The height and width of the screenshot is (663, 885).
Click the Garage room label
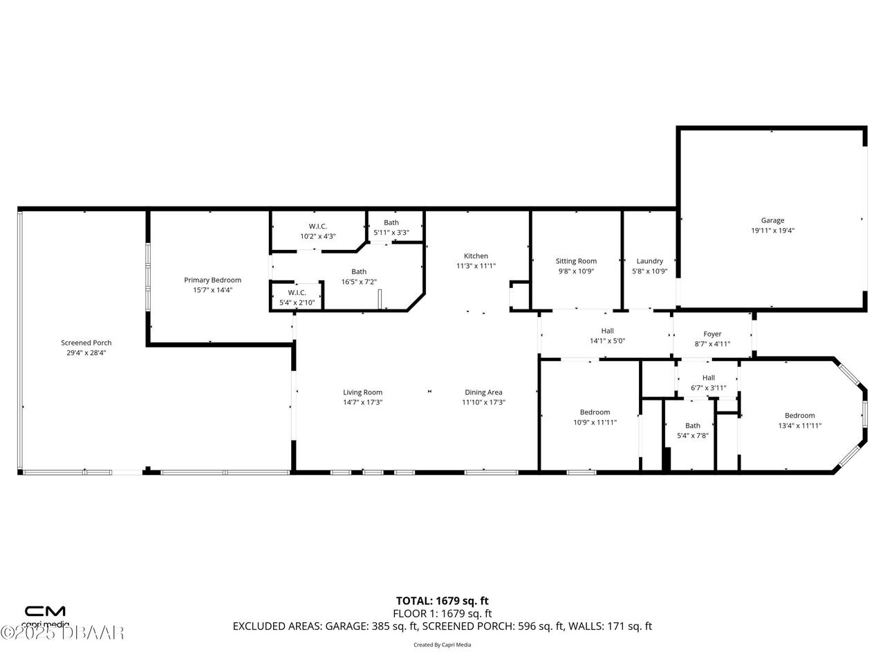(772, 221)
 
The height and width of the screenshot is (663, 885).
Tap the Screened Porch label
(86, 343)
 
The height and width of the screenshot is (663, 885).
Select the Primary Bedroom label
(212, 280)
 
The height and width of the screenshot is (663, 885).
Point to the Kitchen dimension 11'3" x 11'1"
(476, 266)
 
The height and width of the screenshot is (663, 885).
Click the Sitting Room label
(576, 261)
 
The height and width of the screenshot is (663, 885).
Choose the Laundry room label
(649, 261)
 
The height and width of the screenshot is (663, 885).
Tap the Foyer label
(712, 334)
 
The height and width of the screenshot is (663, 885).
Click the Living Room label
(362, 392)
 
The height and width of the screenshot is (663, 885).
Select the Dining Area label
(483, 392)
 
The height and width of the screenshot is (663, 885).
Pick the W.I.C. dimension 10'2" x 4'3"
(317, 236)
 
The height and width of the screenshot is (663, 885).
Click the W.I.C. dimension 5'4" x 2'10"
(297, 302)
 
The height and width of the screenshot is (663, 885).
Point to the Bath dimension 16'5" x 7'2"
(358, 282)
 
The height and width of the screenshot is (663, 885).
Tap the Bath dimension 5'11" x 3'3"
(391, 233)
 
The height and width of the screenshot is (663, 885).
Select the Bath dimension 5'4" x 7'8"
(692, 436)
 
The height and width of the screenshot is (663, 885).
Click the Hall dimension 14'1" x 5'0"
(607, 341)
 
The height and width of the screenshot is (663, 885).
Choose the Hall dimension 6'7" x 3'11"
(708, 388)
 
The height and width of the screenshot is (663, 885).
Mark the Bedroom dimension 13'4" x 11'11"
(799, 426)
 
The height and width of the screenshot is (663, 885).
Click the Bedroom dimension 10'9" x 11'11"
(595, 423)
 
